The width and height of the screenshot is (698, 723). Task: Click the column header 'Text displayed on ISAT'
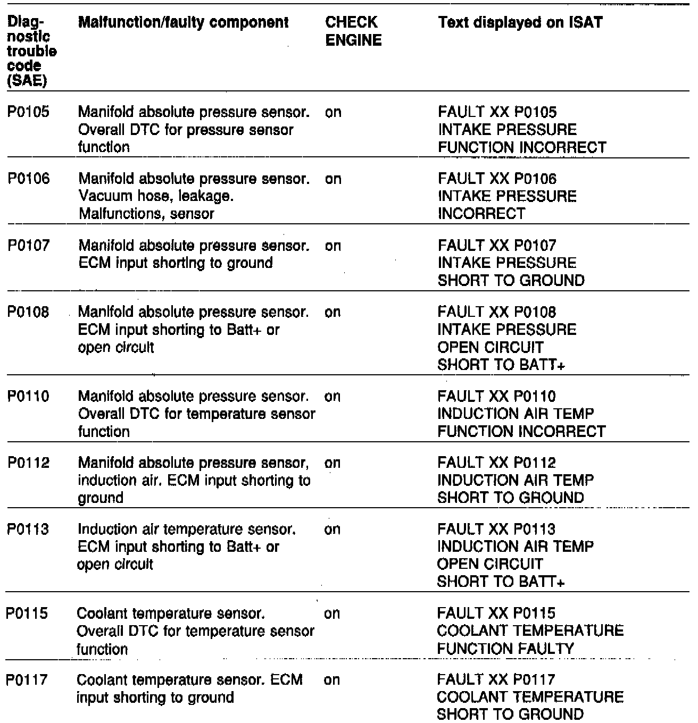pos(520,23)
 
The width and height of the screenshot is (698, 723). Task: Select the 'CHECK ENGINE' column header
pos(353,31)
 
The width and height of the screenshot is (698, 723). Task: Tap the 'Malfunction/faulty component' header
pos(184,23)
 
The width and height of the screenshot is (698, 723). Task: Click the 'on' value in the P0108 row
pos(333,312)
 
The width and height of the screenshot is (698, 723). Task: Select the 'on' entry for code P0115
pos(331,614)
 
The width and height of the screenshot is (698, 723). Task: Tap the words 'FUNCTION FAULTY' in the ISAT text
pos(505,649)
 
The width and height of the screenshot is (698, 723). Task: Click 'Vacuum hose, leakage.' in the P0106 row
pos(156,197)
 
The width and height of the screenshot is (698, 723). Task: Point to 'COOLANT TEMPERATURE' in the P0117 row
pos(530,697)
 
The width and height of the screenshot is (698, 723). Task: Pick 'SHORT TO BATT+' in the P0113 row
pos(501,582)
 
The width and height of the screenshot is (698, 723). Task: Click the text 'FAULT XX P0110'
pos(496,397)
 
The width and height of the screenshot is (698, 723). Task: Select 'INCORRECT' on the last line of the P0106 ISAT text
pos(481,214)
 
